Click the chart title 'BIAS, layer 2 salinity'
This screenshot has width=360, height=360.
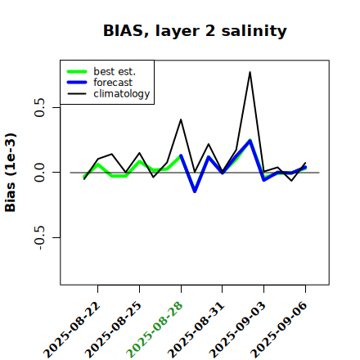(x=195, y=31)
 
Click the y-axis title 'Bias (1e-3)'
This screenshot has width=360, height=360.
(x=11, y=173)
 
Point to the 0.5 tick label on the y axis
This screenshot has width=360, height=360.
(x=40, y=107)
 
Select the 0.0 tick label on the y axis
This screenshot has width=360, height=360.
(x=40, y=173)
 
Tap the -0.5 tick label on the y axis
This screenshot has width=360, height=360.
(x=40, y=238)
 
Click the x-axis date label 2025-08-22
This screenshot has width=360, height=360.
(x=72, y=331)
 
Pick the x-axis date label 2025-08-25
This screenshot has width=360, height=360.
(x=114, y=331)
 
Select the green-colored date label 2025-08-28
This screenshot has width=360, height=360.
(x=155, y=331)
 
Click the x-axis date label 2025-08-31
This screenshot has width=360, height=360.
(x=196, y=331)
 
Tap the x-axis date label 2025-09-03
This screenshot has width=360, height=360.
(x=238, y=331)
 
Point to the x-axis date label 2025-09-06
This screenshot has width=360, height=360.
(x=279, y=331)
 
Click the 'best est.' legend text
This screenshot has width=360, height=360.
(x=115, y=71)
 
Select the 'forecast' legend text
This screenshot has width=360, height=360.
(x=113, y=83)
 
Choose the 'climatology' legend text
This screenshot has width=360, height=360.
(x=122, y=94)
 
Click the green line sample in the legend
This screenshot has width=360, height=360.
(x=77, y=71)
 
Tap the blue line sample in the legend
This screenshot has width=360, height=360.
(x=77, y=83)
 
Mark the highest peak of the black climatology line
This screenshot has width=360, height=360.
(x=250, y=72)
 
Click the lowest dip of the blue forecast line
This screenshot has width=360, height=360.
(x=195, y=191)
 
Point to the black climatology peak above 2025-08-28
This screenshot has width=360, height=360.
(x=181, y=119)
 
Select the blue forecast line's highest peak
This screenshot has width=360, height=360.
(x=250, y=141)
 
